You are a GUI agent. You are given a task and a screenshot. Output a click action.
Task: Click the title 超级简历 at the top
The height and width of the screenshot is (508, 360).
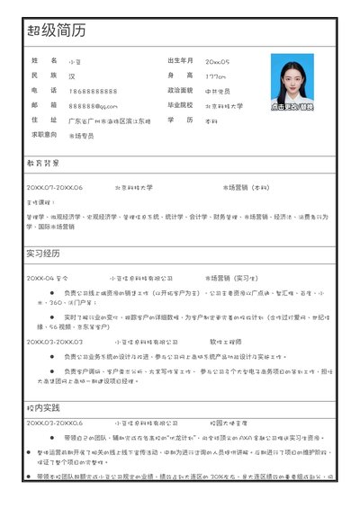57,31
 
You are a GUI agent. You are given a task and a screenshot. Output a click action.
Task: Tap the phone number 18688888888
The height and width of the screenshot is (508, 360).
93,91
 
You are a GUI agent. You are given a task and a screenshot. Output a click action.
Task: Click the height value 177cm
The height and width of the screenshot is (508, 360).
216,76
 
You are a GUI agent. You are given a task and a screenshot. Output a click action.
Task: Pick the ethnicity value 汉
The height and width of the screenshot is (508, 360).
72,76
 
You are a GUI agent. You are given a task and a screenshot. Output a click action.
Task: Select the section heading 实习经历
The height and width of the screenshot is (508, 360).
42,253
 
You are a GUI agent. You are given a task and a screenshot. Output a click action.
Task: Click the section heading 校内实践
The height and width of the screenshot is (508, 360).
42,407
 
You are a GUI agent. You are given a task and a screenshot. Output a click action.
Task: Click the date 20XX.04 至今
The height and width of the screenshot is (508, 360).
47,278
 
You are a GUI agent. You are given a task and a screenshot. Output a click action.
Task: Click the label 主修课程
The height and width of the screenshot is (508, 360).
40,202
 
